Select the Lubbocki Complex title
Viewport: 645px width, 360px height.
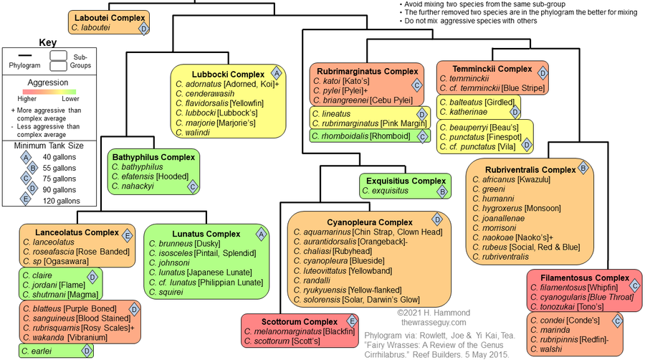[228, 74]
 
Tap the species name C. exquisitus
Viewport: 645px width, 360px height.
[386, 191]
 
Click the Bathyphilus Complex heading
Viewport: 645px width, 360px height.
[153, 156]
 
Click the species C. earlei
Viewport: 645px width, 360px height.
[37, 351]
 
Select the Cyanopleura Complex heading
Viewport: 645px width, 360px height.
[360, 222]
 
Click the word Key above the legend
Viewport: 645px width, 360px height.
[47, 42]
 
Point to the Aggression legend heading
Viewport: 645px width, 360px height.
[47, 83]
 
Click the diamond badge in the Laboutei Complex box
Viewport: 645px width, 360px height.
[143, 28]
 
